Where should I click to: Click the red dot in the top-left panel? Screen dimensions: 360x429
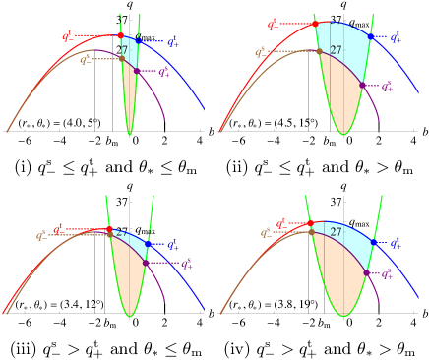click(x=120, y=35)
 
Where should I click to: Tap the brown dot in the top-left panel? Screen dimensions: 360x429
click(x=122, y=58)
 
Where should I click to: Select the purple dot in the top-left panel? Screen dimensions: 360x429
click(x=136, y=71)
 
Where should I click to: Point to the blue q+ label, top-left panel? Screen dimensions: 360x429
click(x=172, y=41)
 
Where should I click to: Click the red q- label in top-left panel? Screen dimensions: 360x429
click(x=67, y=36)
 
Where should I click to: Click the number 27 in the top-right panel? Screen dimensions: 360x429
click(x=336, y=49)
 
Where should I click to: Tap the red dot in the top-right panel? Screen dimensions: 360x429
click(x=315, y=23)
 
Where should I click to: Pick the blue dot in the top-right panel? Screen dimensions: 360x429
click(x=370, y=37)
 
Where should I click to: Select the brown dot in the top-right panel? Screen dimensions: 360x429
click(x=319, y=50)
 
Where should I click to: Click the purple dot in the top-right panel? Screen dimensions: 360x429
click(x=361, y=86)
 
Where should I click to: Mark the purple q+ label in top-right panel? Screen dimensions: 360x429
click(x=388, y=87)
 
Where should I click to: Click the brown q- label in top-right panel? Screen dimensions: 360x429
click(x=261, y=52)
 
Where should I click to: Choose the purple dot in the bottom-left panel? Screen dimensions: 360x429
click(x=145, y=263)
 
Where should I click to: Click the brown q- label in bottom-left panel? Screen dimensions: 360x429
click(x=42, y=235)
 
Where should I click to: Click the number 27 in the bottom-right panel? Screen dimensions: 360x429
click(x=336, y=232)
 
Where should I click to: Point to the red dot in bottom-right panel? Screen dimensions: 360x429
click(x=312, y=224)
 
